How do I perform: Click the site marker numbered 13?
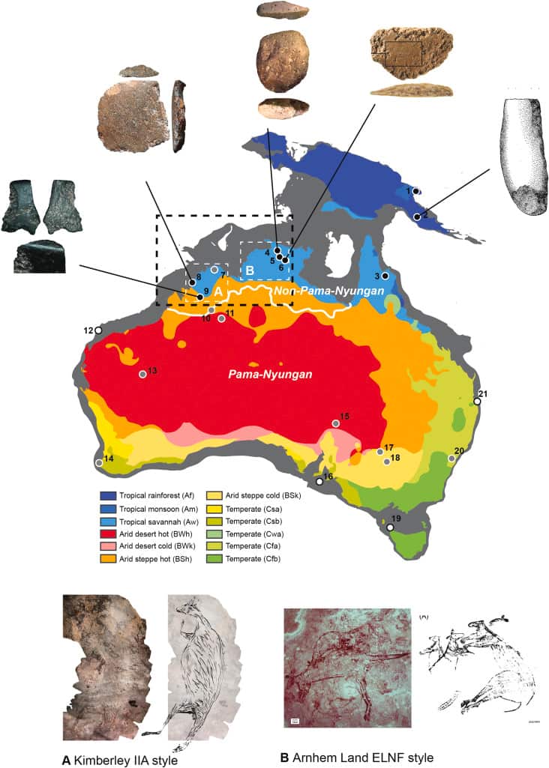click(x=142, y=374)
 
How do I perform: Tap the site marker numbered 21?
click(x=476, y=401)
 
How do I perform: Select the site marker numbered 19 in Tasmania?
click(x=390, y=527)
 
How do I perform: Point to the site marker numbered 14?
click(x=100, y=463)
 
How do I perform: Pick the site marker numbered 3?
click(x=385, y=276)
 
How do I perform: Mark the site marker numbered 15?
click(x=336, y=423)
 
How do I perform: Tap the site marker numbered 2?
click(x=417, y=217)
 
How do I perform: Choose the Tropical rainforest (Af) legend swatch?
click(x=106, y=496)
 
